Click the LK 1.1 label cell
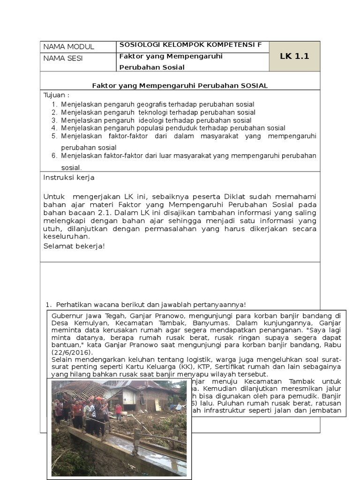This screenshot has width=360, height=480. point(294,56)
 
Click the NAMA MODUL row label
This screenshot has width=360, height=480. point(68,46)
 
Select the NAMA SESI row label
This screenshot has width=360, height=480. point(63,59)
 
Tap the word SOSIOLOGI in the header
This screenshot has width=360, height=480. point(139,45)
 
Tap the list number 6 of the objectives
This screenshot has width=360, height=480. point(54,156)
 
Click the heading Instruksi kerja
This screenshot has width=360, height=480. point(69,178)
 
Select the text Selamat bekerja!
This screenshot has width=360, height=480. point(74,246)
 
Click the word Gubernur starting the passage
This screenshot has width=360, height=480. point(67,316)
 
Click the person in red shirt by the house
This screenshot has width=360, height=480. point(119,410)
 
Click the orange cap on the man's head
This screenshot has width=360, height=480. point(98,399)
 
